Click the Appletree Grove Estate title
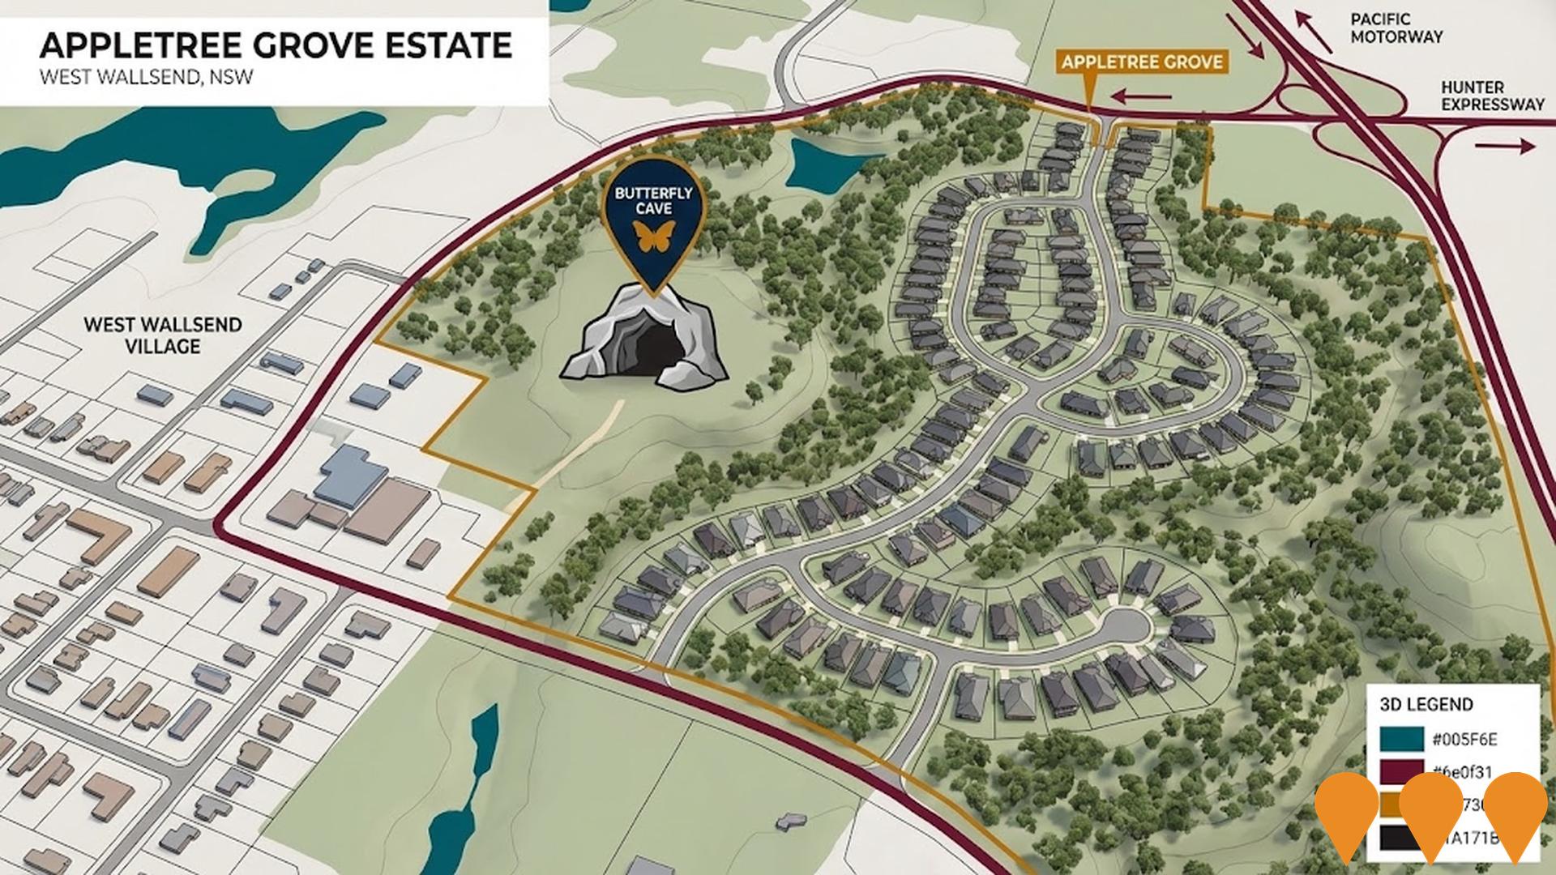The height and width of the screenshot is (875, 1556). [276, 45]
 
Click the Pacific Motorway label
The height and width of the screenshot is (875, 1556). [1396, 28]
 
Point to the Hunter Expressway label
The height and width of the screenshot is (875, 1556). [1472, 96]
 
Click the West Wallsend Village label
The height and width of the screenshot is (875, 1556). [163, 335]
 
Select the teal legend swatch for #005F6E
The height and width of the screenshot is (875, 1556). [1401, 738]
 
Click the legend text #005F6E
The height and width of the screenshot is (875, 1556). [1464, 739]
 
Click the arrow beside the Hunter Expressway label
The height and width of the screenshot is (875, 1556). [1505, 146]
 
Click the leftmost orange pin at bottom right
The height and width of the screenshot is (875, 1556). [1345, 814]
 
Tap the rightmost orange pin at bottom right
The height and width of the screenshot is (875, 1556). [1516, 814]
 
